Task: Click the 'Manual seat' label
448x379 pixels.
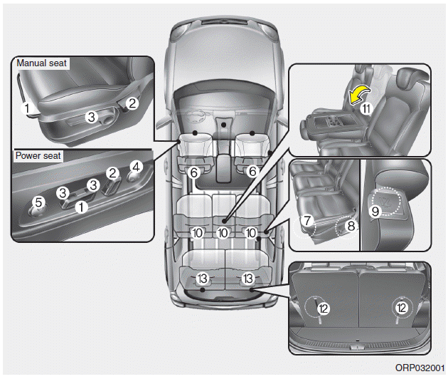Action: tap(41, 63)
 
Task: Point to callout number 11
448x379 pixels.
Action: tap(366, 109)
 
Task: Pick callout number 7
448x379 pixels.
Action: tap(306, 221)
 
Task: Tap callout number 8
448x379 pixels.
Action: tap(350, 225)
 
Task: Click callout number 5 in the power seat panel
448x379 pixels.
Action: tap(39, 202)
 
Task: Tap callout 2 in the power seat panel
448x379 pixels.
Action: tap(112, 172)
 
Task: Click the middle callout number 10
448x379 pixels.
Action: tap(223, 232)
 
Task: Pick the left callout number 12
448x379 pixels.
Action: tap(323, 308)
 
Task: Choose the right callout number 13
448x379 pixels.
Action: tap(248, 277)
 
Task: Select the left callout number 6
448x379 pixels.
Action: tap(193, 171)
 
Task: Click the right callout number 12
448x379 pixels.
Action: tap(402, 308)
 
